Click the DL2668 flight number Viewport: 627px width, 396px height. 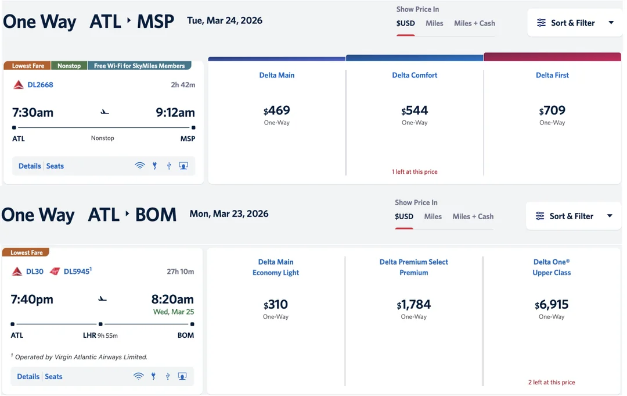[40, 85]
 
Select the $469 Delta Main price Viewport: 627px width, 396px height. [277, 110]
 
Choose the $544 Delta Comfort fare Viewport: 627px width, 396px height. [415, 110]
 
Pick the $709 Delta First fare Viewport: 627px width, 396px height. [552, 110]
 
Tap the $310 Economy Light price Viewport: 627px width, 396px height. [276, 305]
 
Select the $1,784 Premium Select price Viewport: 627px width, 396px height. [414, 305]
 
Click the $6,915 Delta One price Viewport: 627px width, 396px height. [552, 305]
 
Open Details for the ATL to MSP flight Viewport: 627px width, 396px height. [30, 166]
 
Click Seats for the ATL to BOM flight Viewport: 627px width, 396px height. [53, 377]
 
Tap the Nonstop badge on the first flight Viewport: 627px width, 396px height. [69, 66]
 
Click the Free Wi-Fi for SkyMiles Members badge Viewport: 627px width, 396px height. [139, 66]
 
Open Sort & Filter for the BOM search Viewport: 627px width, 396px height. [573, 216]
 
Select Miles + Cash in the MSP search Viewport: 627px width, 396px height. [474, 23]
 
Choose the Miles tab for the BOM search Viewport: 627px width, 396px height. [433, 216]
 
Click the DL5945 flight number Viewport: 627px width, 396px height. [77, 272]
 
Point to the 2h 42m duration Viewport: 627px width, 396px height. [183, 85]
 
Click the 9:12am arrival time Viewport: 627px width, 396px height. [175, 113]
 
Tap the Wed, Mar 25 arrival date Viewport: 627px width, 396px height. [173, 312]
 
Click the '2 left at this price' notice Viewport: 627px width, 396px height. [552, 383]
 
